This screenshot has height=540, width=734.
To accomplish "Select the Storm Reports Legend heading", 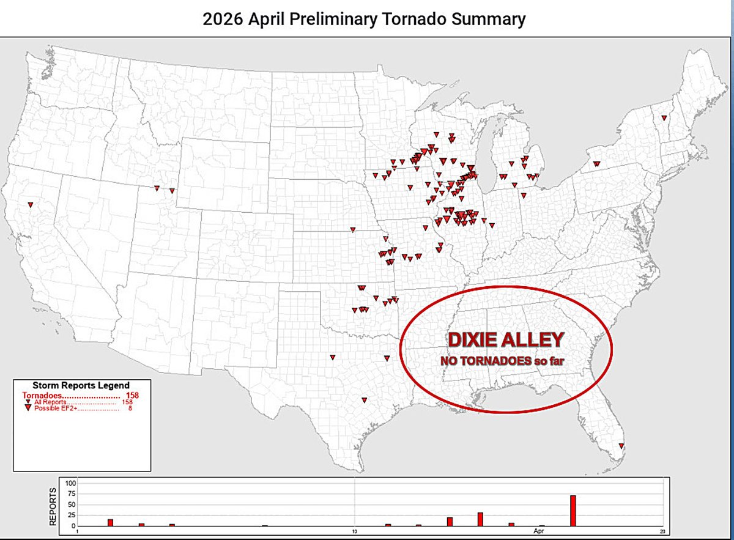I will (81, 385).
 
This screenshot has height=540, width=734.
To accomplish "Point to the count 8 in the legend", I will (130, 409).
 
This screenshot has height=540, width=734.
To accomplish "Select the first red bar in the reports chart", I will (110, 522).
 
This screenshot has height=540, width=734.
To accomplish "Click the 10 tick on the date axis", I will (355, 531).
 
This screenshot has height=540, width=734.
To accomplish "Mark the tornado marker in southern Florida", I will (622, 445).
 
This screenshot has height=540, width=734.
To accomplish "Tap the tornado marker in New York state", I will (596, 163).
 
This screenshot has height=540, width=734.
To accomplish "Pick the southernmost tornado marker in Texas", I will (365, 400).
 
